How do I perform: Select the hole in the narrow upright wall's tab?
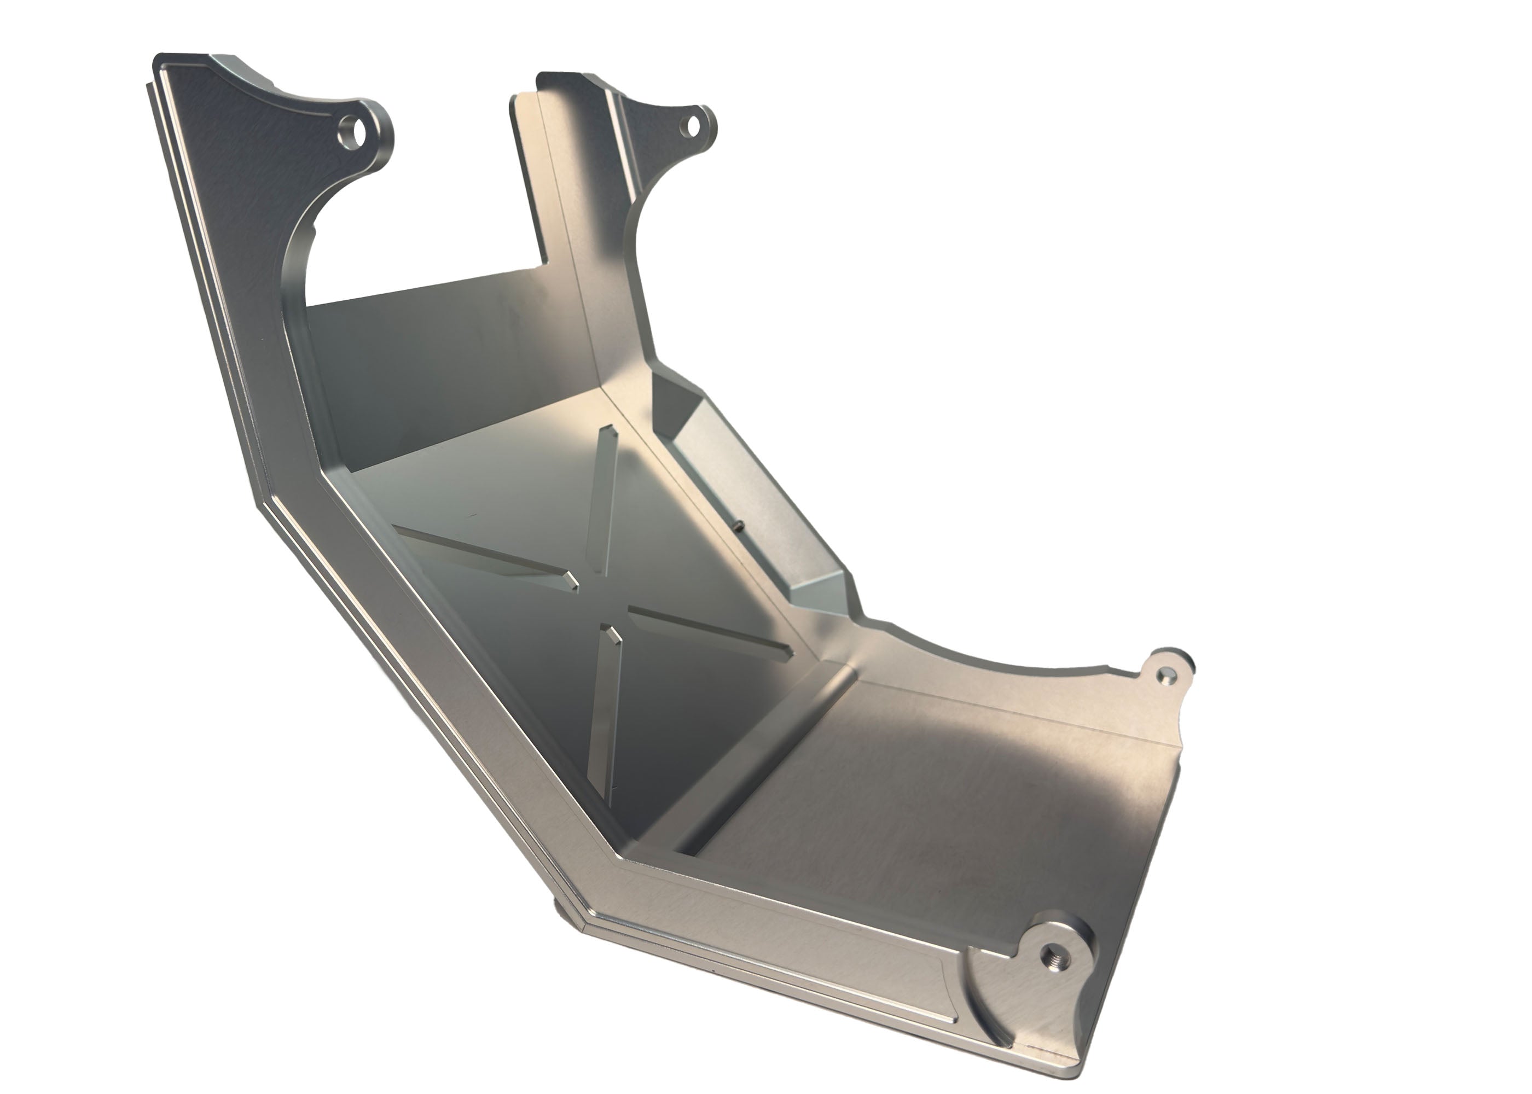coord(691,124)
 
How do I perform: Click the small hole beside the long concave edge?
coord(1163,673)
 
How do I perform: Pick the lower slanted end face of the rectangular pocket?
coord(819,593)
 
